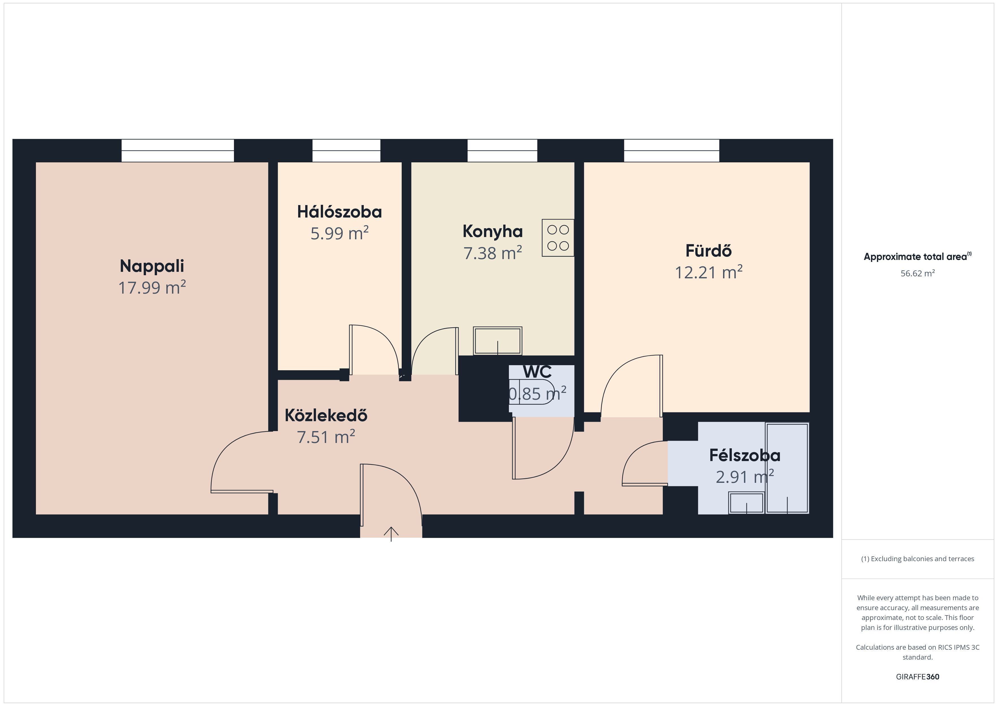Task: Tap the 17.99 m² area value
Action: (x=152, y=287)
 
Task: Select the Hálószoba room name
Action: (x=339, y=212)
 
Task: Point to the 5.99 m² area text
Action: (x=339, y=233)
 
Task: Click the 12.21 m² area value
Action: (x=709, y=272)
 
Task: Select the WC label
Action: (x=537, y=372)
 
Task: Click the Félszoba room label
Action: (x=745, y=455)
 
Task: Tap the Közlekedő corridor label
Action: (x=326, y=415)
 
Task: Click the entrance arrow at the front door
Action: (x=391, y=534)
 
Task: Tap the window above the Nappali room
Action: (x=178, y=150)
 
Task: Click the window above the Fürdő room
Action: (x=672, y=150)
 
